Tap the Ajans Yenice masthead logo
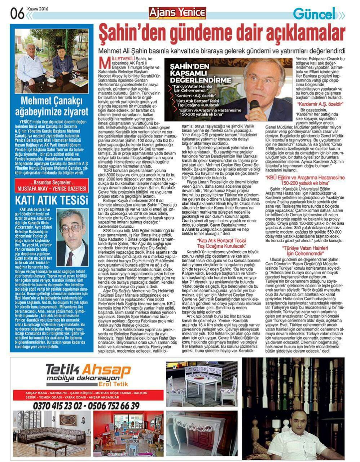[177, 13]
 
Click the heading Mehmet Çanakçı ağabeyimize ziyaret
[54, 105]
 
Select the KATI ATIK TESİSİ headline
[51, 200]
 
